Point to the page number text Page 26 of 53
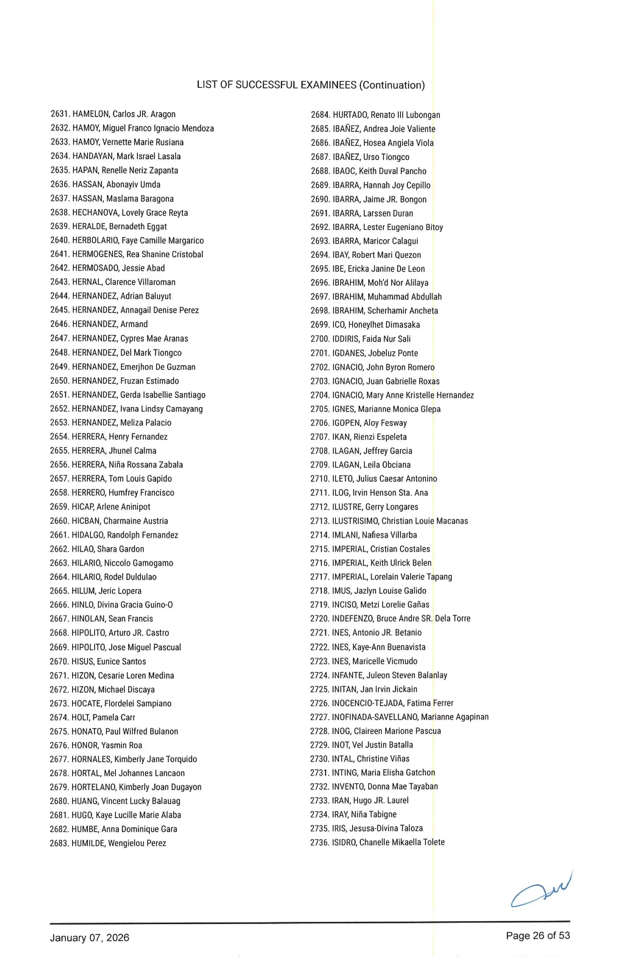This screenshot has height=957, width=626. tap(537, 935)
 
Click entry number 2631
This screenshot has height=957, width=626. tap(60, 114)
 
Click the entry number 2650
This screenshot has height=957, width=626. tap(59, 381)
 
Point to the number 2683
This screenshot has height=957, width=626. tap(59, 843)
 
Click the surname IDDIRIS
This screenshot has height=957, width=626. tap(345, 339)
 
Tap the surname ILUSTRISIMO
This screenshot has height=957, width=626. tap(355, 521)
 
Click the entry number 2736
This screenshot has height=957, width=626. tap(319, 842)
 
